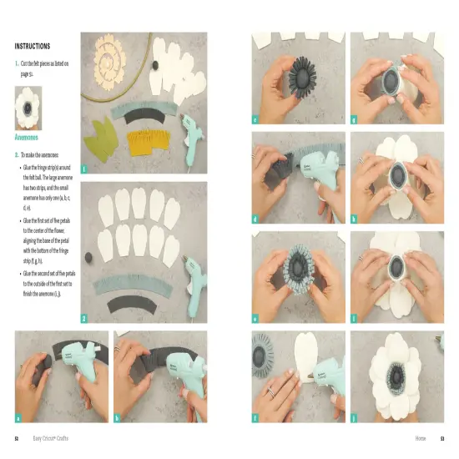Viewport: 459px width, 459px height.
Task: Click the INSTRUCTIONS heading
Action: click(33, 46)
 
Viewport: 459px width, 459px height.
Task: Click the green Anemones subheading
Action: click(32, 137)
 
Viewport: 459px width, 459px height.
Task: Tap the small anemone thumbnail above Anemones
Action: click(33, 109)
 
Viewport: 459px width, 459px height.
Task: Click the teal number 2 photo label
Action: click(85, 318)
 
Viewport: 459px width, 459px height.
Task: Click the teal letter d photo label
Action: click(256, 220)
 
